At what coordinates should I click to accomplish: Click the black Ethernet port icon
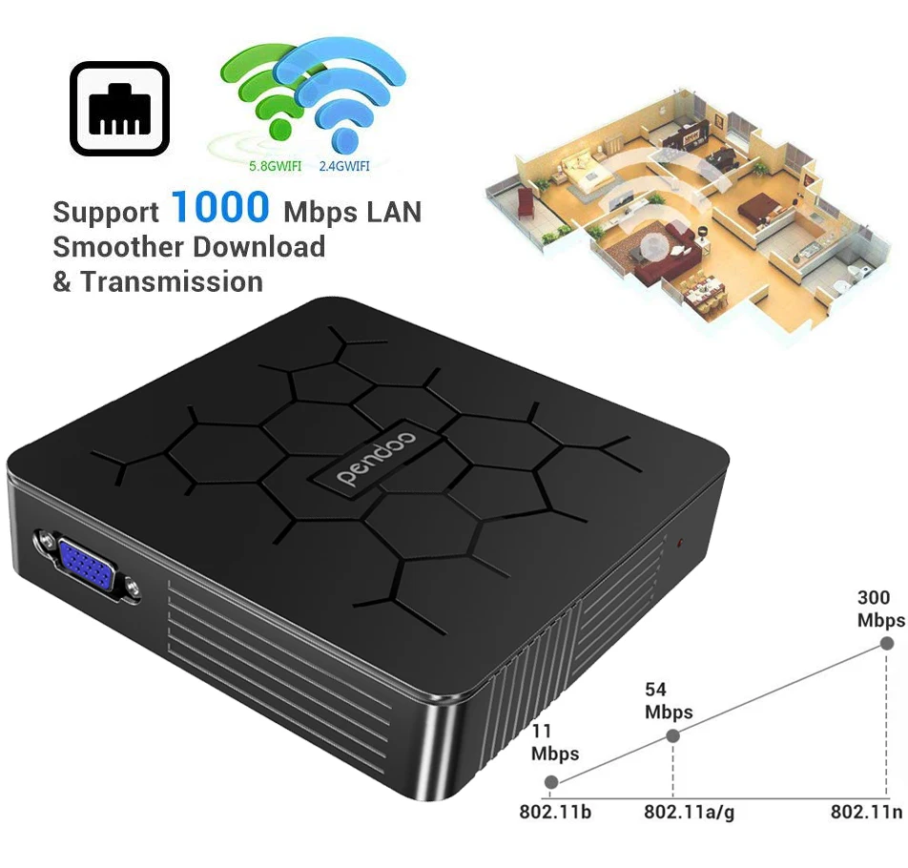(x=119, y=109)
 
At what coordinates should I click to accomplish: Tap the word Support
(x=106, y=212)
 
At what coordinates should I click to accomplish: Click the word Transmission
(x=172, y=281)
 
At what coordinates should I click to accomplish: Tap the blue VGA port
(x=88, y=568)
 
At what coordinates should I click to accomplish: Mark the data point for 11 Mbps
(x=551, y=783)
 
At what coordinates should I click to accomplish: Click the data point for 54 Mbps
(x=672, y=735)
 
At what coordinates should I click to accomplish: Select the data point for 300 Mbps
(x=886, y=644)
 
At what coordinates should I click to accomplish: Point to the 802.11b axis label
(x=555, y=813)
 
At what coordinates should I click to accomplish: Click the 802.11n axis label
(x=866, y=813)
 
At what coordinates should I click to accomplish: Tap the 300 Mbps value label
(x=879, y=609)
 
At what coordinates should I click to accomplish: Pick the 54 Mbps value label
(x=668, y=701)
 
